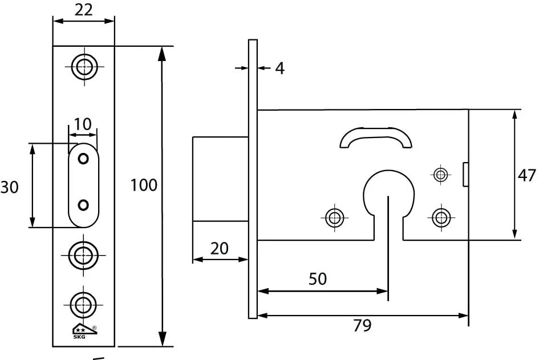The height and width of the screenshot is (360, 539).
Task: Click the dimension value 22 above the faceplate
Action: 83,10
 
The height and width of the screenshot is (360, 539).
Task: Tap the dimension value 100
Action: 144,185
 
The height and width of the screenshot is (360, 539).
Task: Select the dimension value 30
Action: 10,187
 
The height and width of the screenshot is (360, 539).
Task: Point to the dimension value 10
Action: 83,124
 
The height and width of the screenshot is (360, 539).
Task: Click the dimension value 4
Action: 279,68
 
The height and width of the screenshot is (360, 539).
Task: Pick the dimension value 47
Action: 527,175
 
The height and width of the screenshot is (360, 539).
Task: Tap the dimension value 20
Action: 220,248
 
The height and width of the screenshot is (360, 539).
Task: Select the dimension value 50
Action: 318,279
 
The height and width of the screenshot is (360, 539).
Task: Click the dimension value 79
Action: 362,326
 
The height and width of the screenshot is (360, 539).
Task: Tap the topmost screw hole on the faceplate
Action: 84,66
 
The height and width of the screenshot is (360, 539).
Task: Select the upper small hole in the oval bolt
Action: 83,159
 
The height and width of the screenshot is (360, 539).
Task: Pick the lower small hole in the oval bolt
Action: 83,204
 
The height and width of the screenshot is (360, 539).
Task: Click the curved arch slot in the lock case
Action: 375,137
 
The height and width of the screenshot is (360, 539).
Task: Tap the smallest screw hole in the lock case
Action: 440,174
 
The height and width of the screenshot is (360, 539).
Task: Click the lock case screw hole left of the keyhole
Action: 334,217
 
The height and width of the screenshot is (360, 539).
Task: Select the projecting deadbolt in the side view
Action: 220,179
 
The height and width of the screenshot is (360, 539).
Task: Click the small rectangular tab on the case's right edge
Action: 465,174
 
